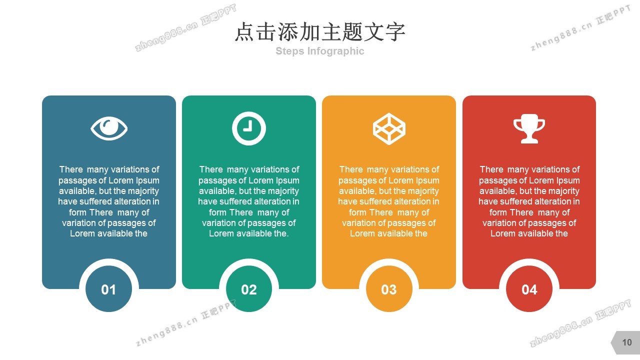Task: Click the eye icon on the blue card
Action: click(x=109, y=128)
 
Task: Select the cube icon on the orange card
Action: click(x=389, y=129)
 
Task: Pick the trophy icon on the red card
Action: click(x=529, y=128)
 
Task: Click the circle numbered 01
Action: click(x=108, y=289)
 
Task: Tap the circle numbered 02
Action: click(x=249, y=289)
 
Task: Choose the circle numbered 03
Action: click(x=389, y=289)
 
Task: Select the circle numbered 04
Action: click(x=529, y=289)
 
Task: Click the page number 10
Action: click(x=627, y=342)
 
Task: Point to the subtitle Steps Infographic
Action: click(x=319, y=51)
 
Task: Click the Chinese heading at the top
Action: click(x=320, y=31)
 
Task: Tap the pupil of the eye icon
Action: click(x=109, y=127)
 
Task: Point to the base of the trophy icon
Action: click(x=529, y=140)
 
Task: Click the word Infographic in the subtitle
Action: click(x=335, y=51)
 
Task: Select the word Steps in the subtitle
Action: click(x=289, y=51)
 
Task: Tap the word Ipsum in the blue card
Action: click(x=147, y=181)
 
